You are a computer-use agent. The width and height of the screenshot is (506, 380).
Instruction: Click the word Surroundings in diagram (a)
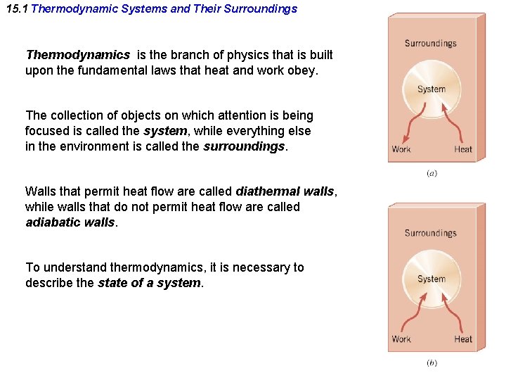pyautogui.click(x=430, y=44)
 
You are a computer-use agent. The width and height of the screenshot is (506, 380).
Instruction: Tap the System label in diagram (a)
pyautogui.click(x=432, y=89)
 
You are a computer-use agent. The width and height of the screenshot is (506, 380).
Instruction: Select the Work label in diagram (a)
pyautogui.click(x=401, y=149)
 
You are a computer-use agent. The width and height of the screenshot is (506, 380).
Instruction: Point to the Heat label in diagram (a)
pyautogui.click(x=463, y=149)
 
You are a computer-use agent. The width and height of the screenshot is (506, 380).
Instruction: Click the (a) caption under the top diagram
pyautogui.click(x=432, y=173)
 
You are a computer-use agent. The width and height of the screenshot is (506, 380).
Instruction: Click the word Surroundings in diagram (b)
pyautogui.click(x=430, y=234)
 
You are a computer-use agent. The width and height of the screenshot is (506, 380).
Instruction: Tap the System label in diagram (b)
pyautogui.click(x=432, y=279)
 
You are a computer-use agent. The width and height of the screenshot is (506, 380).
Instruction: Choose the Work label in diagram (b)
pyautogui.click(x=401, y=339)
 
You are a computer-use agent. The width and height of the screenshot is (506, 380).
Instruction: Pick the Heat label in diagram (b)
pyautogui.click(x=463, y=339)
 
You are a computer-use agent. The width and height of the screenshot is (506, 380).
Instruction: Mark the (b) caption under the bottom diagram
pyautogui.click(x=432, y=363)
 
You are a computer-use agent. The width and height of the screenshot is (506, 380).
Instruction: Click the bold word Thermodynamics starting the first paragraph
pyautogui.click(x=77, y=55)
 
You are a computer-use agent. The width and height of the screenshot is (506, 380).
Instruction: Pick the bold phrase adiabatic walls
pyautogui.click(x=70, y=222)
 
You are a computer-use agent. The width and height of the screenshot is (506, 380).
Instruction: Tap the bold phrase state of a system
pyautogui.click(x=150, y=283)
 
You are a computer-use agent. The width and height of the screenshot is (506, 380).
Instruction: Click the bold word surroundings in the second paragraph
pyautogui.click(x=244, y=146)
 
